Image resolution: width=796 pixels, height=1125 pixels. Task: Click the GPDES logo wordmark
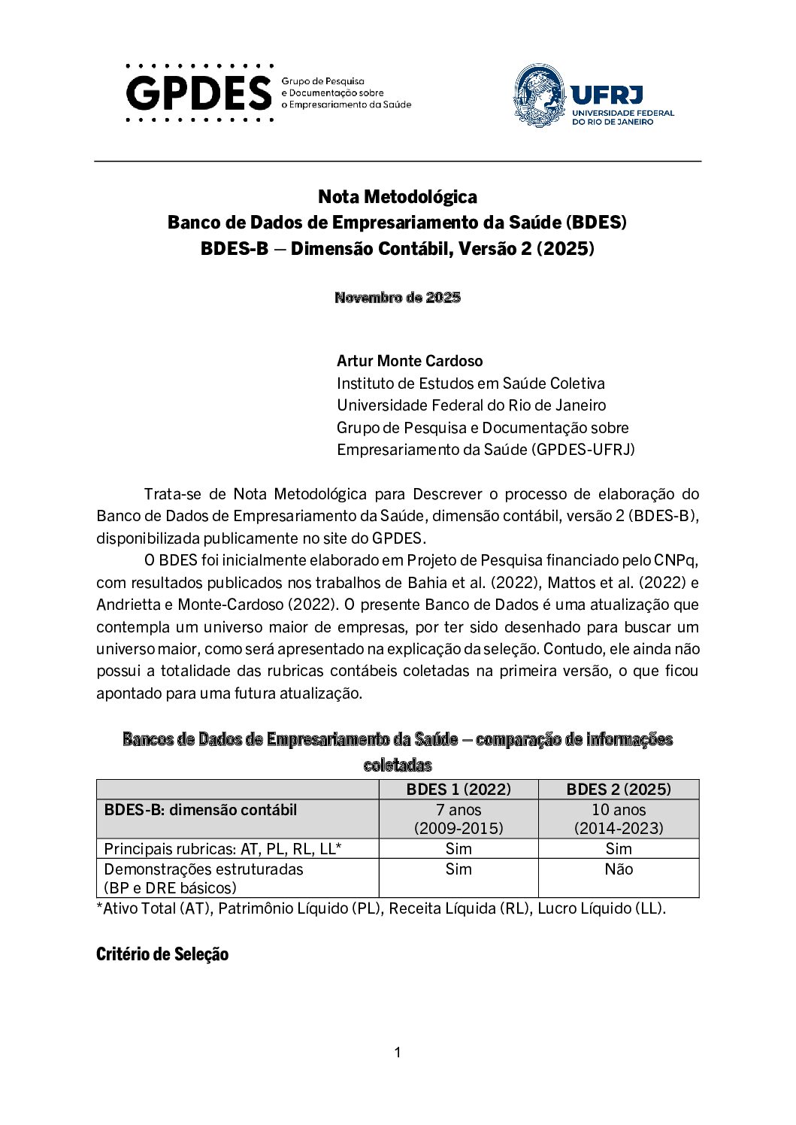(x=199, y=93)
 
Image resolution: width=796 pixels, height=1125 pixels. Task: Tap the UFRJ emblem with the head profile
(x=539, y=96)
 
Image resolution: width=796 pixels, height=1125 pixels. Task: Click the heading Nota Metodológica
(x=397, y=197)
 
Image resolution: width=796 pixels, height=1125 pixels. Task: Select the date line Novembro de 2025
(x=397, y=297)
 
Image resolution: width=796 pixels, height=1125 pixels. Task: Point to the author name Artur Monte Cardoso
(x=410, y=361)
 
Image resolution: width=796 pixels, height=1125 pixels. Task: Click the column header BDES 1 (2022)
(x=459, y=789)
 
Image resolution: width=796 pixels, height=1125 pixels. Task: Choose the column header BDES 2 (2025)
(x=619, y=789)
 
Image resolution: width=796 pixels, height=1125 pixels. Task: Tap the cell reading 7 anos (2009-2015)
(x=459, y=819)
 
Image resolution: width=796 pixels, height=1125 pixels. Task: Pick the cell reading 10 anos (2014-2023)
(x=619, y=819)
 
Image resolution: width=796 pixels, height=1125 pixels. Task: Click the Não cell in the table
(x=619, y=869)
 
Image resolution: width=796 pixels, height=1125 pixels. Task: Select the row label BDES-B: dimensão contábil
(x=201, y=810)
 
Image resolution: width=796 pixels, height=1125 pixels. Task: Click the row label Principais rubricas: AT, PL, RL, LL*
(x=223, y=849)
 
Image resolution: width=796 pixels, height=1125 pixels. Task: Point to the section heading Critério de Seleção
(x=162, y=954)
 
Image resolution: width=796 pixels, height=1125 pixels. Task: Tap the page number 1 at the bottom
(x=398, y=1053)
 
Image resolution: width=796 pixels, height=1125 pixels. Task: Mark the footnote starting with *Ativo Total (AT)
(x=381, y=908)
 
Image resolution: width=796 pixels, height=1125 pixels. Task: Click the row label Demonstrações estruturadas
(x=204, y=869)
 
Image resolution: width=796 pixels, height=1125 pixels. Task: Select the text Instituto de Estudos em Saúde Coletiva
(x=471, y=384)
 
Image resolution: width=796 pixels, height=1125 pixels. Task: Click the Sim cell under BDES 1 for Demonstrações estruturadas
(x=459, y=869)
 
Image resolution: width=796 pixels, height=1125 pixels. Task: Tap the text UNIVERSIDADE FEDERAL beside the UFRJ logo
(x=623, y=113)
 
